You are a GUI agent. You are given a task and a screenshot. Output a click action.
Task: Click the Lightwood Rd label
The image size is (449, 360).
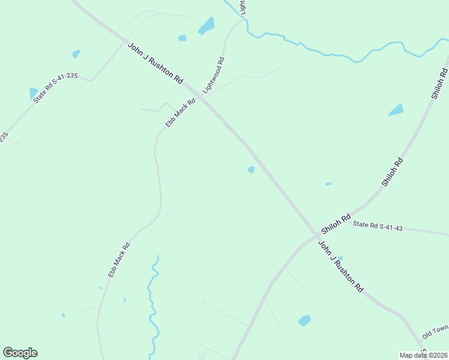coord(213,75)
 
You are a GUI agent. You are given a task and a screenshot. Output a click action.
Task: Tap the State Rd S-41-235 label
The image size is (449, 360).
coord(56,88)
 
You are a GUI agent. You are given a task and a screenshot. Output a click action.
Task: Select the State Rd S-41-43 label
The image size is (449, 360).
coord(378,226)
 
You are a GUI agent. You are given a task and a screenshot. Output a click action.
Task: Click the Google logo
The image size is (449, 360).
coord(20,353)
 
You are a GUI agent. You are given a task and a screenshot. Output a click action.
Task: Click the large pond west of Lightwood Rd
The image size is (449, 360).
coord(206,26)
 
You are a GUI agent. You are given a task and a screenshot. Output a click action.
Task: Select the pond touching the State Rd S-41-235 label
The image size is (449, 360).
coord(33,93)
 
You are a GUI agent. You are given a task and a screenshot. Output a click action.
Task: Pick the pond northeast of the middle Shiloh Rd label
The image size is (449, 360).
coord(396,110)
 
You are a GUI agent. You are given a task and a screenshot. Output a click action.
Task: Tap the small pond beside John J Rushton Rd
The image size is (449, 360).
coord(251,170)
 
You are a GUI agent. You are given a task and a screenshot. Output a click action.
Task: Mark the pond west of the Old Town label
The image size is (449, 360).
coord(305,320)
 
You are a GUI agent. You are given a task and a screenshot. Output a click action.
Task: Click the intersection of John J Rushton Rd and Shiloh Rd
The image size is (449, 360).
coord(317,235)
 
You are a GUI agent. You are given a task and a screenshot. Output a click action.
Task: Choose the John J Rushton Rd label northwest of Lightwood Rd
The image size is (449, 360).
coord(155,63)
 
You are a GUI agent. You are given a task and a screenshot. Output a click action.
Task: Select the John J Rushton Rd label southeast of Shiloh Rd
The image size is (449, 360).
coord(340,266)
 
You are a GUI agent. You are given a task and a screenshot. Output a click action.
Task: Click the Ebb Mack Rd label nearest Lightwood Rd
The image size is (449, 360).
coord(181,113)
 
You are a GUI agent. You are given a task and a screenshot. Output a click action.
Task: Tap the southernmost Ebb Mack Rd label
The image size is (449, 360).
coord(119,259)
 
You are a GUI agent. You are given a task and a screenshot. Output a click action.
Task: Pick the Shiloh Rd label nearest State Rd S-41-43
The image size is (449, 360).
coord(336,224)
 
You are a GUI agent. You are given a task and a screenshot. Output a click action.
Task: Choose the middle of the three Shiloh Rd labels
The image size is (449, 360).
coord(393,172)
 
